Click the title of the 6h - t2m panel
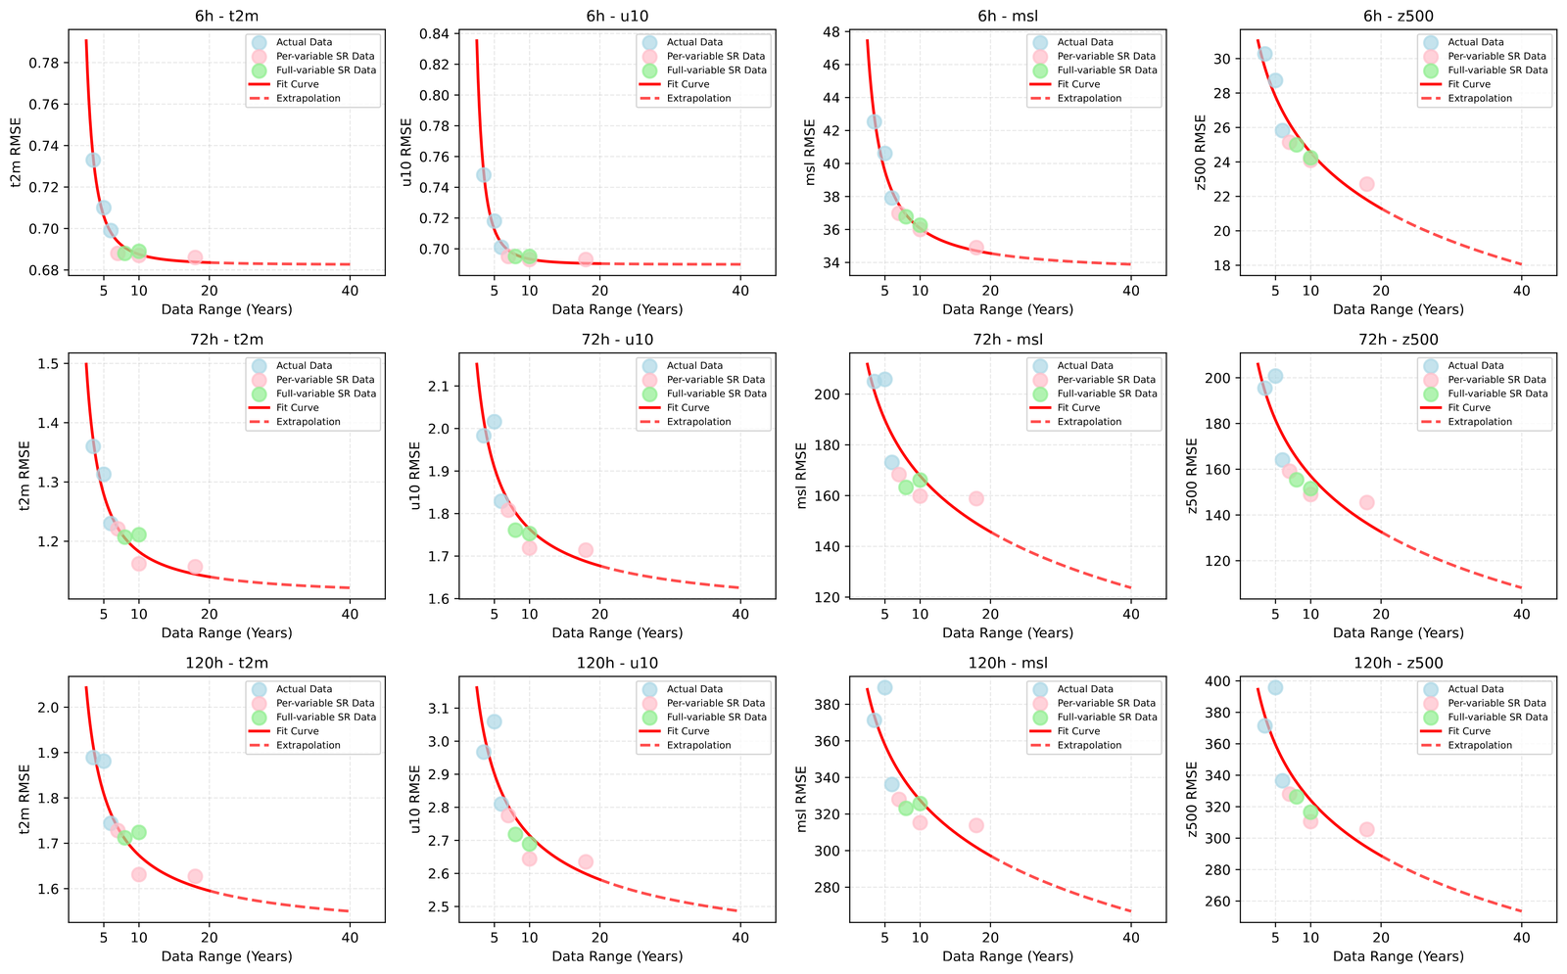pyautogui.click(x=226, y=16)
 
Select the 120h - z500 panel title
pyautogui.click(x=1399, y=663)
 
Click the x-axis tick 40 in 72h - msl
pyautogui.click(x=1131, y=614)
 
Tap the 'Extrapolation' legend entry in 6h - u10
pyautogui.click(x=699, y=98)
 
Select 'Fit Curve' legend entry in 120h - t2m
pyautogui.click(x=298, y=730)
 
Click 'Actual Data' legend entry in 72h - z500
pyautogui.click(x=1475, y=365)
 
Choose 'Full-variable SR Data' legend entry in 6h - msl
pyautogui.click(x=1108, y=70)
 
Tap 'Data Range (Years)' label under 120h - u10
pyautogui.click(x=617, y=955)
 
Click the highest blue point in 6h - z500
pyautogui.click(x=1264, y=54)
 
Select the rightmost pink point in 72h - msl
pyautogui.click(x=976, y=498)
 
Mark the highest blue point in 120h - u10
pyautogui.click(x=494, y=721)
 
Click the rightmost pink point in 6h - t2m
pyautogui.click(x=195, y=257)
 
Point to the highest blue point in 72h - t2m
pyautogui.click(x=93, y=446)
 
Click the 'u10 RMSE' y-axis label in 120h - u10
pyautogui.click(x=415, y=799)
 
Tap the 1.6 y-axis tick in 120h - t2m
pyautogui.click(x=50, y=889)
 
